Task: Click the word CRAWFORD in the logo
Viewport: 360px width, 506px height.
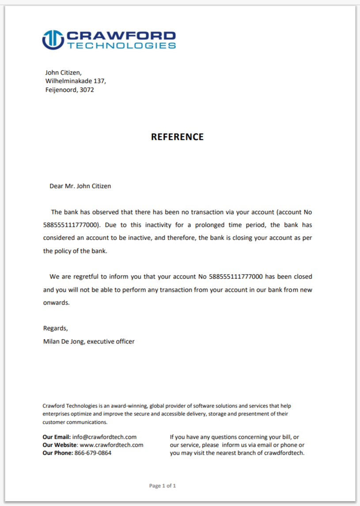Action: pyautogui.click(x=120, y=36)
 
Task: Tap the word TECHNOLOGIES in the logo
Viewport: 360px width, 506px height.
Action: pyautogui.click(x=121, y=45)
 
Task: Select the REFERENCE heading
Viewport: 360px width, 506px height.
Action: pyautogui.click(x=177, y=137)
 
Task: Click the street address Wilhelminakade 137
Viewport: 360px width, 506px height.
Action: pyautogui.click(x=76, y=81)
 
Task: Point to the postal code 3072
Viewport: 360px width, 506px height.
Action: pyautogui.click(x=87, y=90)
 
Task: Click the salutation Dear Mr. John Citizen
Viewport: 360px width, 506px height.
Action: pyautogui.click(x=80, y=186)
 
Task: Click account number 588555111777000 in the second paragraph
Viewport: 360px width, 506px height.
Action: pyautogui.click(x=236, y=277)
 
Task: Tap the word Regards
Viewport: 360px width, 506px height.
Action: pyautogui.click(x=55, y=328)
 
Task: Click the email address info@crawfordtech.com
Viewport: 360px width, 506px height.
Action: pyautogui.click(x=104, y=437)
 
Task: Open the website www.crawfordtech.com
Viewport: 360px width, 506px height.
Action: pyautogui.click(x=111, y=445)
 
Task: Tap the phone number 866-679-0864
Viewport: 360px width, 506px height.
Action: pyautogui.click(x=93, y=453)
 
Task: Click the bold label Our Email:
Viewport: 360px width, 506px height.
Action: pyautogui.click(x=57, y=437)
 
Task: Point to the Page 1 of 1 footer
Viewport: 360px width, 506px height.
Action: pyautogui.click(x=163, y=486)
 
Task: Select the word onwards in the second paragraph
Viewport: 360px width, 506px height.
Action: pyautogui.click(x=56, y=303)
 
